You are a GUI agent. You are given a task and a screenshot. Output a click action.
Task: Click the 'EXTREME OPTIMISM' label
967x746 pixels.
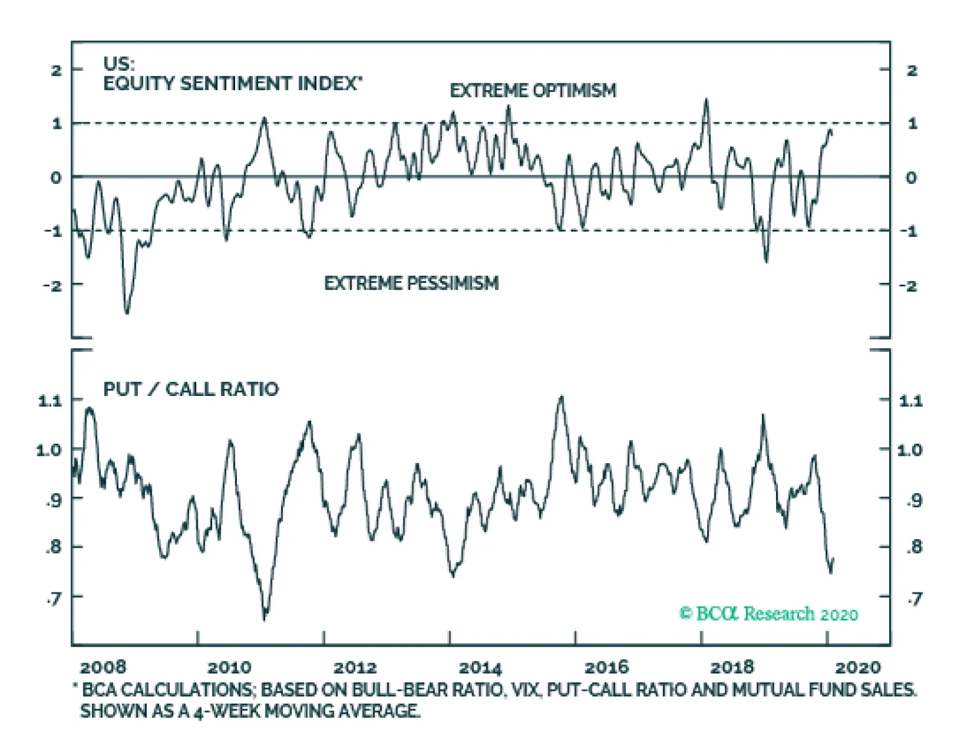point(532,91)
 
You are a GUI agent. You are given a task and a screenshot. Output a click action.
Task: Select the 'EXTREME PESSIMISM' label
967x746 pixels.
point(411,283)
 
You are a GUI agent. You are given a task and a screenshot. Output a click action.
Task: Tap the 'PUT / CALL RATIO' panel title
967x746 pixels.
point(191,389)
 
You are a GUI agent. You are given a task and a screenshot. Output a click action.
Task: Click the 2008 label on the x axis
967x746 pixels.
point(103,667)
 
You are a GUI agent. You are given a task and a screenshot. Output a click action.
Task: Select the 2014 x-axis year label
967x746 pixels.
point(480,667)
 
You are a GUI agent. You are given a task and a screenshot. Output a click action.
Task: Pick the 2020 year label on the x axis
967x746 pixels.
point(858,667)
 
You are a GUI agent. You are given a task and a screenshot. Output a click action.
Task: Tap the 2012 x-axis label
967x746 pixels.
point(355,667)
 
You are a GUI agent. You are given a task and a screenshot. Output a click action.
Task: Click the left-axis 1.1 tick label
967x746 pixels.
point(50,400)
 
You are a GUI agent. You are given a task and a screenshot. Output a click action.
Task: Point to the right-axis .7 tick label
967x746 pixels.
point(914,598)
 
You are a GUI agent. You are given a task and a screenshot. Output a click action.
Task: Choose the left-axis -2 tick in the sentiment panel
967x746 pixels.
point(53,285)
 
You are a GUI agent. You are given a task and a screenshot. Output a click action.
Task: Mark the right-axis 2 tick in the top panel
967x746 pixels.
point(912,71)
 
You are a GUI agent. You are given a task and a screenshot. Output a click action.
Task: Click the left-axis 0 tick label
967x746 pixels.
point(56,178)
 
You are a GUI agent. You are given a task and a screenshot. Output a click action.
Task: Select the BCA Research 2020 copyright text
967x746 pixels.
point(769,614)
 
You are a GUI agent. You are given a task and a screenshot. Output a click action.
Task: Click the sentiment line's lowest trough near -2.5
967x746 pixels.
point(127,313)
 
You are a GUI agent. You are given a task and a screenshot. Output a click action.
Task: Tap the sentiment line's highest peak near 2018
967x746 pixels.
point(706,100)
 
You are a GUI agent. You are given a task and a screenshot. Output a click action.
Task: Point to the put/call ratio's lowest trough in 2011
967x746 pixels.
point(265,618)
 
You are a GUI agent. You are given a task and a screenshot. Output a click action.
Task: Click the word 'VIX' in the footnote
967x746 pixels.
point(525,690)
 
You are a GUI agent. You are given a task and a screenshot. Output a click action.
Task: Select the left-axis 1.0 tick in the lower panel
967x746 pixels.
point(48,450)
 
